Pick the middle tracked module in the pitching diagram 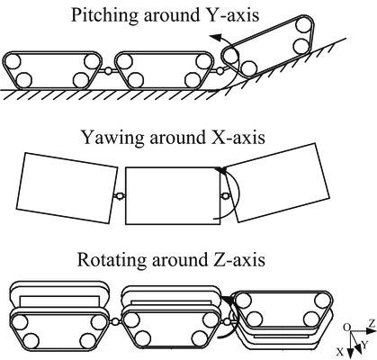tap(161, 69)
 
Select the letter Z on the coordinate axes tap(370, 322)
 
